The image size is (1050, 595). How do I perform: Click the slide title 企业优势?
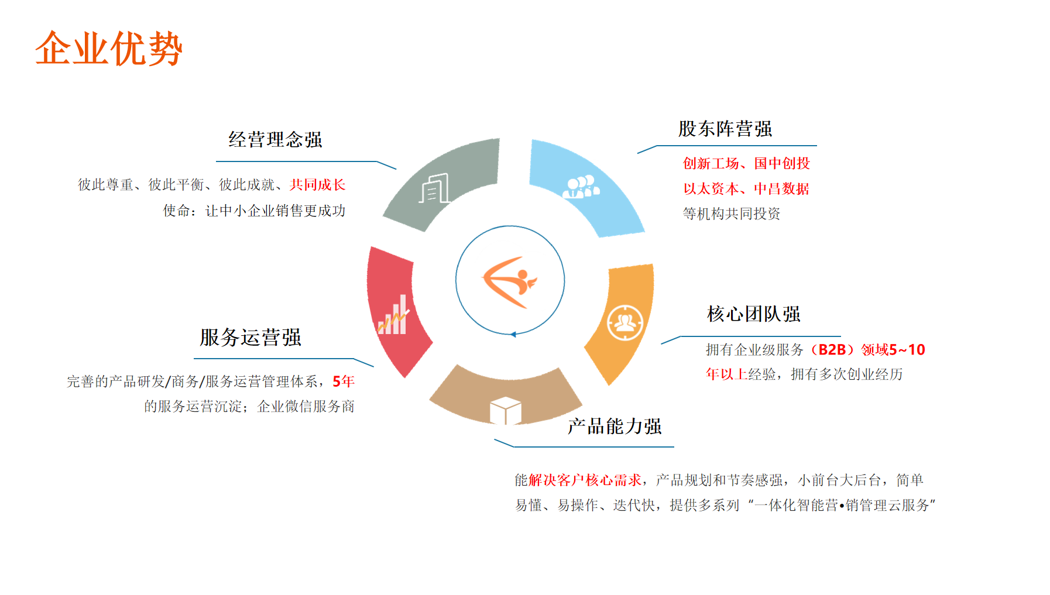[109, 49]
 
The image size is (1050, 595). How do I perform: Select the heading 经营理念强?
[275, 140]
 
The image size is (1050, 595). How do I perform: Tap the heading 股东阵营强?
[725, 129]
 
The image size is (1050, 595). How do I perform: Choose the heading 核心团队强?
[754, 314]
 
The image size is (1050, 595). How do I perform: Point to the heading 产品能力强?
[615, 427]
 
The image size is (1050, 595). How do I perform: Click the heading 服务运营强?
[251, 338]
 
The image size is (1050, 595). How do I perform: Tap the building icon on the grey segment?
[434, 188]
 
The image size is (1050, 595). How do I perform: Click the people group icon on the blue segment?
[581, 187]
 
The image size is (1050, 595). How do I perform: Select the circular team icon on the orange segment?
[625, 322]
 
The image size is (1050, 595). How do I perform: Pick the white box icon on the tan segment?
[505, 410]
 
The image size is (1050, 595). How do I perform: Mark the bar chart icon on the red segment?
[393, 315]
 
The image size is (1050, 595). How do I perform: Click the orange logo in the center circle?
[509, 282]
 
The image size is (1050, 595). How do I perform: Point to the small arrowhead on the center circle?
[513, 335]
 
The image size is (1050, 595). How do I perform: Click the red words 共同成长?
[317, 185]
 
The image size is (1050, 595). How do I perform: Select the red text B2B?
[832, 350]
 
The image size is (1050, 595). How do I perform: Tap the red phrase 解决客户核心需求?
[585, 480]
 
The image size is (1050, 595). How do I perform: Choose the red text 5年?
[344, 381]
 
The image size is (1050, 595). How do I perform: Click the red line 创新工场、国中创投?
[746, 163]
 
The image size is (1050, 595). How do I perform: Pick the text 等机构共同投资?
[732, 214]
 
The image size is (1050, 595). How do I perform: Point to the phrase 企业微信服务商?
[306, 407]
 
